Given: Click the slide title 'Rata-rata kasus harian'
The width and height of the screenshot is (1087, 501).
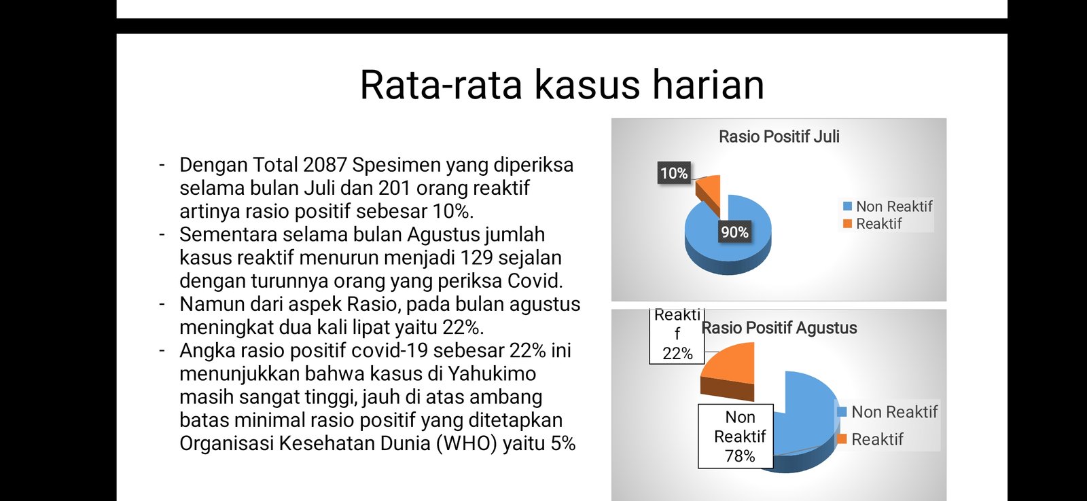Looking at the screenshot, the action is pos(562,85).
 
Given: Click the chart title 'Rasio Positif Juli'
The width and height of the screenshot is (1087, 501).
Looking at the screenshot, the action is pos(779,136).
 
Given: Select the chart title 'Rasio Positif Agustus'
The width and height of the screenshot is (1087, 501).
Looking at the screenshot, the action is pos(779,328).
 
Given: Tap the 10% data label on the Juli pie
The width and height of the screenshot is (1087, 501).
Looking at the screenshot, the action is pos(674,173).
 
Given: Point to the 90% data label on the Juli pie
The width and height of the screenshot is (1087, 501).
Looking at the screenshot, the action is pos(734,232).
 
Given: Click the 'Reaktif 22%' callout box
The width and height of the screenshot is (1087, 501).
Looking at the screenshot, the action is pos(677,335).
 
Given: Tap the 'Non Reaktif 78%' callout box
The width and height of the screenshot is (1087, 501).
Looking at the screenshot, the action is pos(736,436).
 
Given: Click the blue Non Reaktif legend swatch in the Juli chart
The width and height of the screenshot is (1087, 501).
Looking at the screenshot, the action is pos(847,206).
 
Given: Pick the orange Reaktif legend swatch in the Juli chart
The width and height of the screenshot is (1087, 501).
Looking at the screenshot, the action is pos(847,223).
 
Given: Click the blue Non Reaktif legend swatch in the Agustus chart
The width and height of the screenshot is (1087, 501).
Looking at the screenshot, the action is pos(842,412).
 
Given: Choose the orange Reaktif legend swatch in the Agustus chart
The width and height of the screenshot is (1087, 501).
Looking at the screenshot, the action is pos(842,439).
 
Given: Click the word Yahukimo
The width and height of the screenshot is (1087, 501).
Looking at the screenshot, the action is pos(492,374).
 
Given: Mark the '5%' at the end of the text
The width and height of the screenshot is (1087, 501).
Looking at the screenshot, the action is pos(563,443).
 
